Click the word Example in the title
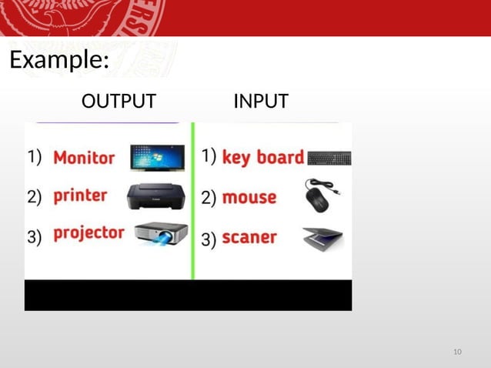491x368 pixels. (55, 60)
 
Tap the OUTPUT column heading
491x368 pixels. (119, 101)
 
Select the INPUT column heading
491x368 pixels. (261, 101)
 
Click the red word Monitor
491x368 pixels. (84, 158)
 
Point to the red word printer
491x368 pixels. (80, 196)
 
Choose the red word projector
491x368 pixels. (89, 233)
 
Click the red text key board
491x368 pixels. (262, 158)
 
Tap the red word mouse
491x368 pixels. (249, 197)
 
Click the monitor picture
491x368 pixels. (158, 157)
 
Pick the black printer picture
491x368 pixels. (155, 196)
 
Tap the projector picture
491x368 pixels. (160, 234)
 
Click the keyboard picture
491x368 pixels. (329, 159)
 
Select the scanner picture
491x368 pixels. (323, 239)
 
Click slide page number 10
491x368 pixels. (457, 352)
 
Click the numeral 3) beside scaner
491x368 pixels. (209, 239)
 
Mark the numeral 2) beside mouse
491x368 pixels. (209, 198)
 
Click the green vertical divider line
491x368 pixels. (193, 200)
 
